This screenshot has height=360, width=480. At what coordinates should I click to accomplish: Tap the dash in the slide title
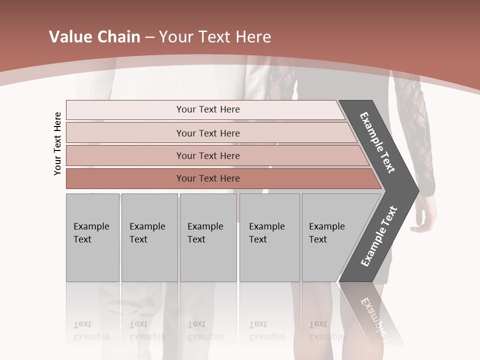click(x=149, y=37)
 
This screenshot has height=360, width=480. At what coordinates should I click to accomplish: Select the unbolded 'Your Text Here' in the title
click(x=214, y=37)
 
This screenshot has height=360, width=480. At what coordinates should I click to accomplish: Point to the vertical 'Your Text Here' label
click(x=57, y=144)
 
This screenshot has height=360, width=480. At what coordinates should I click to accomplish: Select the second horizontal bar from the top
click(x=207, y=133)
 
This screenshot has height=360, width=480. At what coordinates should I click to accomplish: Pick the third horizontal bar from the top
click(x=207, y=156)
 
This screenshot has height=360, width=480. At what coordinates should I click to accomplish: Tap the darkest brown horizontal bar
click(x=207, y=178)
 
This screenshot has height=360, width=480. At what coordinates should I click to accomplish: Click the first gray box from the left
click(x=92, y=237)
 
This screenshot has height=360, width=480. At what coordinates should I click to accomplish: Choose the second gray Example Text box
click(x=149, y=237)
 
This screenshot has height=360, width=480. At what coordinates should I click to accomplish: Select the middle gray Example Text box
click(x=208, y=237)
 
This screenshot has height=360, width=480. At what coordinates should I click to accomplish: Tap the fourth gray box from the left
click(x=269, y=237)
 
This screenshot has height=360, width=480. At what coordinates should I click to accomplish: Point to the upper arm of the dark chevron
click(x=377, y=142)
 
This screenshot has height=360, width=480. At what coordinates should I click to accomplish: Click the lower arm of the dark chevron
click(x=378, y=236)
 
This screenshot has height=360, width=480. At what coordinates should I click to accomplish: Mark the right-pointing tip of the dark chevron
click(x=415, y=190)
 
